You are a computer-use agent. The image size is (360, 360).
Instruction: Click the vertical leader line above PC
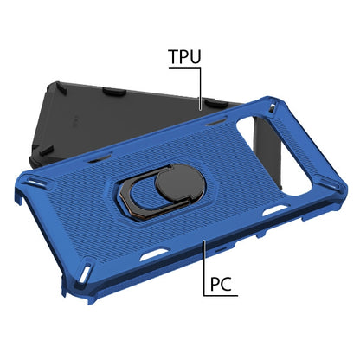[204, 260]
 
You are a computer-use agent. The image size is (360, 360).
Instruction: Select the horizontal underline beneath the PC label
[221, 297]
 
